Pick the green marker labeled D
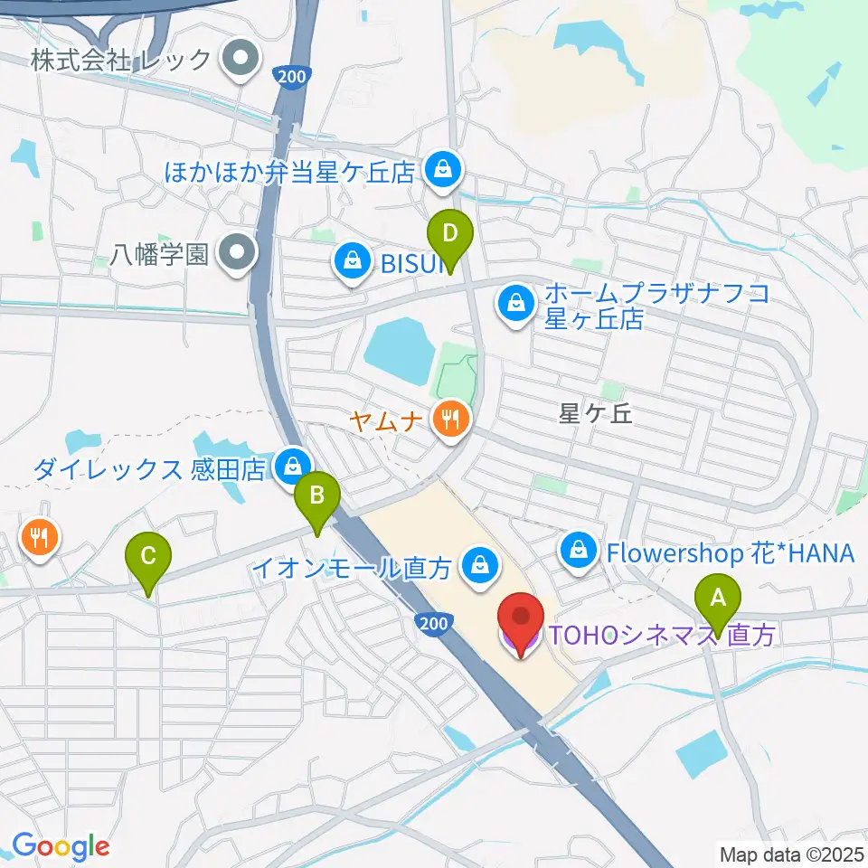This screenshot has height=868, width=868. [x=449, y=237]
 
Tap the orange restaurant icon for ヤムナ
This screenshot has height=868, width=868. [x=449, y=419]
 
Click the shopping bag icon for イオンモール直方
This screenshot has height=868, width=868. [x=475, y=567]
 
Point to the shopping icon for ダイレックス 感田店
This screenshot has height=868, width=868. [x=292, y=467]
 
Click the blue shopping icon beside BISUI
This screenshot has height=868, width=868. [x=350, y=262]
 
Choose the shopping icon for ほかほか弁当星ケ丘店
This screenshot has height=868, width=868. [x=443, y=168]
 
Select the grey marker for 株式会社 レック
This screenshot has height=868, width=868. [x=240, y=61]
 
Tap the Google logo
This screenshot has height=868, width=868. [x=61, y=846]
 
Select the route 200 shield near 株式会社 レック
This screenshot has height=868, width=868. [x=292, y=78]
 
